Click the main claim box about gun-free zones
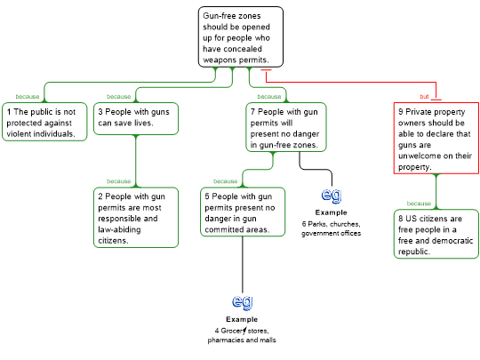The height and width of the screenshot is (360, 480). pos(241,36)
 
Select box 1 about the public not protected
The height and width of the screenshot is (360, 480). pos(44,122)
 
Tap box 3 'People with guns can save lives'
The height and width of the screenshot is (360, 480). pos(136,118)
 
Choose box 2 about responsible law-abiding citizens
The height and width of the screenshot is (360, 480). pos(136,218)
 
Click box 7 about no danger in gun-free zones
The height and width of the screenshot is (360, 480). pos(286,127)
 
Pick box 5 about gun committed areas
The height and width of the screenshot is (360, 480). pos(243,212)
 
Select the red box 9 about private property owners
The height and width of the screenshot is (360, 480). pos(436,138)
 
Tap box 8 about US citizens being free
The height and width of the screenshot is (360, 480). pos(436,234)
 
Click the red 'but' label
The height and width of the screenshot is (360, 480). pos(424,97)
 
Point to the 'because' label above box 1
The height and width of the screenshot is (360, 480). pos(28,97)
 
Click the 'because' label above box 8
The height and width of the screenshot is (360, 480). pos(419,204)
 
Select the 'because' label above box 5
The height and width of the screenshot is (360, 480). pos(225,181)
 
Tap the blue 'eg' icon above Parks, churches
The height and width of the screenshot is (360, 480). pos(332,196)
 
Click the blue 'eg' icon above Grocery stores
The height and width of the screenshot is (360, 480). pos(242,302)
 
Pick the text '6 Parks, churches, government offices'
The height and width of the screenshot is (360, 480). pos(331,228)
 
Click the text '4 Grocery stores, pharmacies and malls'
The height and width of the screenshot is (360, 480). pos(242,335)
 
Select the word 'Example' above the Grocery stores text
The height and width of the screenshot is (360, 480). pos(242,319)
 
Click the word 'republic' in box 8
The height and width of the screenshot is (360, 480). pos(414,252)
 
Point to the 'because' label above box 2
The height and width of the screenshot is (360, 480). pos(119,181)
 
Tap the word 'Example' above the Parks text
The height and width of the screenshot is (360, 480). pos(332,212)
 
